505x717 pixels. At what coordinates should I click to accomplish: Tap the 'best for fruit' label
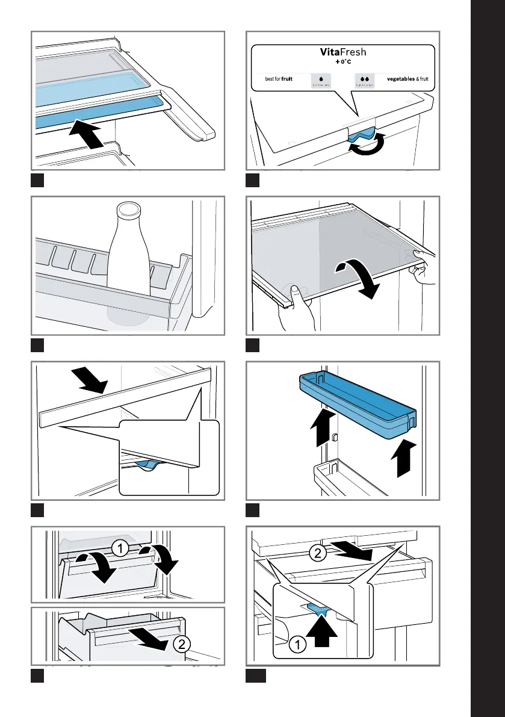279,79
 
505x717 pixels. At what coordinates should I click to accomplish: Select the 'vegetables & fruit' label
407,79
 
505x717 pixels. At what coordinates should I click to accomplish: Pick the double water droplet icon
365,78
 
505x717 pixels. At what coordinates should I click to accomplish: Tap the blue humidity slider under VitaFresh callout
362,135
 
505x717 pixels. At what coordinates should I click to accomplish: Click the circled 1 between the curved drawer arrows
119,549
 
